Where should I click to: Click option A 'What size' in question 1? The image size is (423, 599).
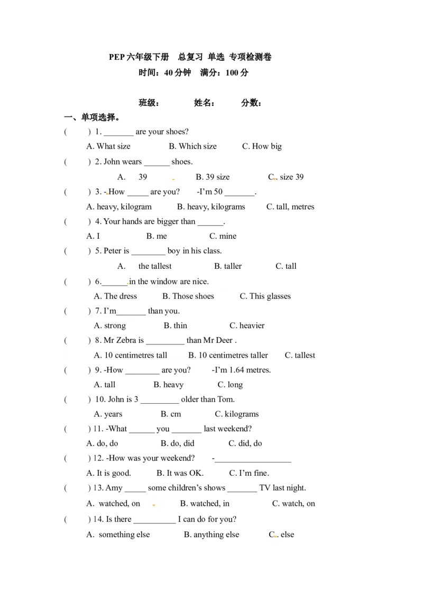pyautogui.click(x=108, y=147)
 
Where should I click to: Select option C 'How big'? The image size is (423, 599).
pyautogui.click(x=262, y=147)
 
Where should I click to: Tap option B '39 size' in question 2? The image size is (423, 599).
pyautogui.click(x=213, y=177)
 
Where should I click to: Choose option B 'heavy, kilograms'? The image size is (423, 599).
pyautogui.click(x=211, y=207)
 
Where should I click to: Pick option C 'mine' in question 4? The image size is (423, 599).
pyautogui.click(x=223, y=237)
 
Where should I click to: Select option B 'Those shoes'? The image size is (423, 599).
pyautogui.click(x=188, y=296)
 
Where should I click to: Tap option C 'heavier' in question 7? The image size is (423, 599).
pyautogui.click(x=247, y=326)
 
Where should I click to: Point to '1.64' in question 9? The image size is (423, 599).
pyautogui.click(x=237, y=370)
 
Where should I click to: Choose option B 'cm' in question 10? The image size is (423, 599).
pyautogui.click(x=171, y=414)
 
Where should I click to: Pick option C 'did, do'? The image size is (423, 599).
pyautogui.click(x=245, y=443)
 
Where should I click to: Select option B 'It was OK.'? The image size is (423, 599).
pyautogui.click(x=180, y=473)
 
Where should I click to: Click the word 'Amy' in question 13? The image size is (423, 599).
pyautogui.click(x=114, y=488)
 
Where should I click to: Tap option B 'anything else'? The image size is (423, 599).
pyautogui.click(x=212, y=535)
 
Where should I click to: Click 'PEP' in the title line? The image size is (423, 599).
pyautogui.click(x=117, y=57)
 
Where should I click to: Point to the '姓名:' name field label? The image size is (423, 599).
pyautogui.click(x=204, y=103)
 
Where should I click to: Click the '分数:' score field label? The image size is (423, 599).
pyautogui.click(x=251, y=103)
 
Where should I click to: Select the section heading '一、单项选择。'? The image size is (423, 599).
pyautogui.click(x=92, y=117)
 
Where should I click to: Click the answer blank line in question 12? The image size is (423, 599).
pyautogui.click(x=253, y=462)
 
